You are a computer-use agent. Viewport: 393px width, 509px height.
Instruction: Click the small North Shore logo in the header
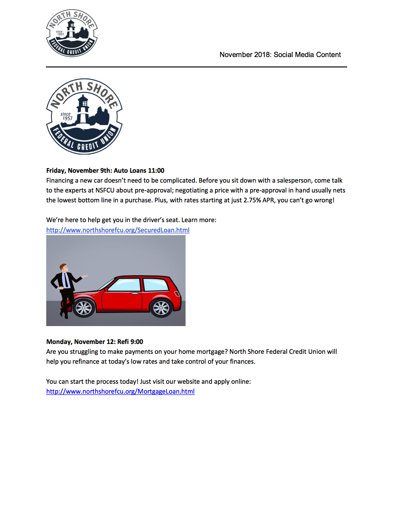pos(72,33)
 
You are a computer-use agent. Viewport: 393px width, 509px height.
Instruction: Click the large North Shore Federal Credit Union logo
pos(84,116)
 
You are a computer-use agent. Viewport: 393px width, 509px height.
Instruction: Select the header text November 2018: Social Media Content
pos(280,55)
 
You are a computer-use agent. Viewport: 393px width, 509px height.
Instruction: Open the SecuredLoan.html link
pos(118,230)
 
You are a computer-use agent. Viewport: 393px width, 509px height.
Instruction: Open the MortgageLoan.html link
pos(120,391)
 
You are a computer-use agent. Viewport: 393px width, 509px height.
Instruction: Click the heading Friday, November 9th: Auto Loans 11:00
pos(105,170)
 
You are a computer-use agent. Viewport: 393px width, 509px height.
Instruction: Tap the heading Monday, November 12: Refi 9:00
pos(95,341)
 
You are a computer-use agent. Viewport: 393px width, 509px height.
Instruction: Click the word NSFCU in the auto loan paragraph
pos(105,190)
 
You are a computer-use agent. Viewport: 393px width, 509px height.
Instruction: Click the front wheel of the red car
pos(84,308)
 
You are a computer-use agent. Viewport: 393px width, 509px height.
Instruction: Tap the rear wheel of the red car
pos(161,308)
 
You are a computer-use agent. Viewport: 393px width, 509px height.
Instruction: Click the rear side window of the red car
pos(155,285)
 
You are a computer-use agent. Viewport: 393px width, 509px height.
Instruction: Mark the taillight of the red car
pos(177,293)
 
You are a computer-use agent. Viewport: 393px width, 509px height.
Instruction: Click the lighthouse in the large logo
pos(83,110)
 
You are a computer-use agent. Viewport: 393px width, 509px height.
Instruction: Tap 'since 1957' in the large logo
pos(66,116)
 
